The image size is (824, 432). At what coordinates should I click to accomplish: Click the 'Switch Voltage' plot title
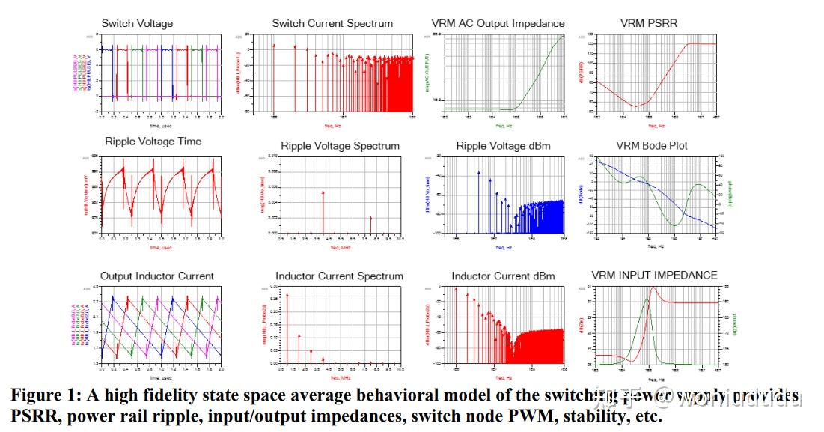click(x=137, y=23)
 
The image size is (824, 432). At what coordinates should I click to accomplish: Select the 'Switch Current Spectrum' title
click(x=332, y=23)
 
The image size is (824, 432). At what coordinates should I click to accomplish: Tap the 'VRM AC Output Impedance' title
click(x=498, y=23)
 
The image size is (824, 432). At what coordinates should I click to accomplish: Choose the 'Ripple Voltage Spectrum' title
click(x=340, y=145)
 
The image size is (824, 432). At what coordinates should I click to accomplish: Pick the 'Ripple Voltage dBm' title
click(x=502, y=145)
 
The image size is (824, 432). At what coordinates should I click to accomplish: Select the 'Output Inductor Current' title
click(x=157, y=276)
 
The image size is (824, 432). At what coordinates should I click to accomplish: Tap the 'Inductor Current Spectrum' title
click(x=339, y=276)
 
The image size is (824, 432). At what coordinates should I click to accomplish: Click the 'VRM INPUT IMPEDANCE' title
click(x=654, y=275)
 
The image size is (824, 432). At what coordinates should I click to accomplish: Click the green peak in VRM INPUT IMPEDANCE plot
click(x=647, y=300)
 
